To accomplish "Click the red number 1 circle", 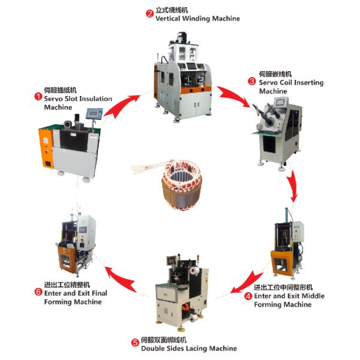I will (x=38, y=96).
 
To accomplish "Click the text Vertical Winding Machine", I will (x=197, y=19).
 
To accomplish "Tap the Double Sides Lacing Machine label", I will (x=188, y=348).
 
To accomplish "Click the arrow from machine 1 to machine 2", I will (x=122, y=102).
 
